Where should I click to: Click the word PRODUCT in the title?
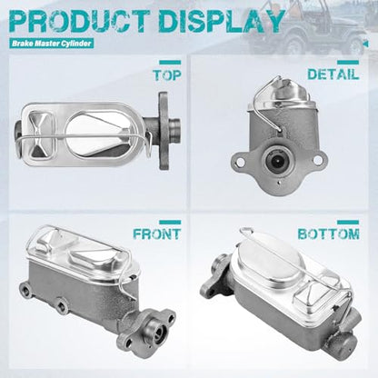[x=80, y=21]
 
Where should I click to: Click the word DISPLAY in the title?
[x=222, y=21]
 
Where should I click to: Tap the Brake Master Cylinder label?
[x=52, y=44]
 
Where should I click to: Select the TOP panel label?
[x=167, y=75]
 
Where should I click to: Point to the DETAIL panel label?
[x=333, y=75]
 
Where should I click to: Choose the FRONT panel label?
[x=157, y=234]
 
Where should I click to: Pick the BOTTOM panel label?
[x=329, y=234]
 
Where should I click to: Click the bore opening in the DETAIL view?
[x=276, y=161]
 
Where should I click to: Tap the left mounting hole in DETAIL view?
[x=240, y=162]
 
